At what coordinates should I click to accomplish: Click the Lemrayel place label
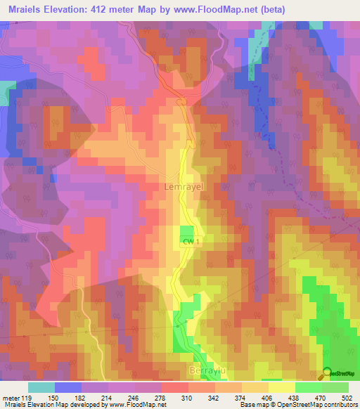[x=183, y=188]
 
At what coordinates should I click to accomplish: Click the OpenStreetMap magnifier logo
[x=327, y=374]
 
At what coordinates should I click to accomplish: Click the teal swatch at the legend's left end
[x=41, y=387]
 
